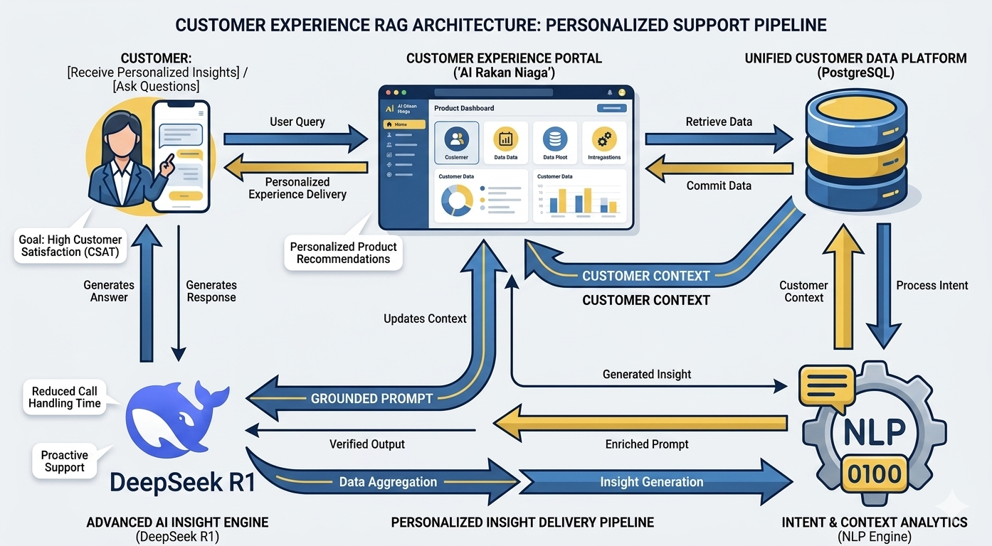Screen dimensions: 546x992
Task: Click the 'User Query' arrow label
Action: point(297,122)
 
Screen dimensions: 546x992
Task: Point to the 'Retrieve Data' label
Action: point(719,122)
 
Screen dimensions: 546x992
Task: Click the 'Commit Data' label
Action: point(719,186)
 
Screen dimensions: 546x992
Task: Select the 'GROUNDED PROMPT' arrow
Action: point(371,398)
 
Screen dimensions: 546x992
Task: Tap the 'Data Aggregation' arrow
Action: point(388,482)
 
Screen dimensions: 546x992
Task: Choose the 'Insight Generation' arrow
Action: point(651,482)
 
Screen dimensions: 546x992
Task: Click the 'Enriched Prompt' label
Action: point(647,444)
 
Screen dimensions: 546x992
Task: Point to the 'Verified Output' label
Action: point(367,444)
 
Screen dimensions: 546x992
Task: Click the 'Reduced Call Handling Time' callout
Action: point(64,397)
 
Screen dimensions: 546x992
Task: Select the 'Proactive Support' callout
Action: point(64,461)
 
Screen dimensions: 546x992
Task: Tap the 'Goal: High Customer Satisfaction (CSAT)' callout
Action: point(70,245)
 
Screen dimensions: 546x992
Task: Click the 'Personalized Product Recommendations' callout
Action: point(343,252)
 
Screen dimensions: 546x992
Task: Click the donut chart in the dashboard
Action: point(457,200)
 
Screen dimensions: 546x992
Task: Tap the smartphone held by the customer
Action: point(181,156)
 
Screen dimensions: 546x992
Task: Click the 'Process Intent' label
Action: point(932,285)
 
